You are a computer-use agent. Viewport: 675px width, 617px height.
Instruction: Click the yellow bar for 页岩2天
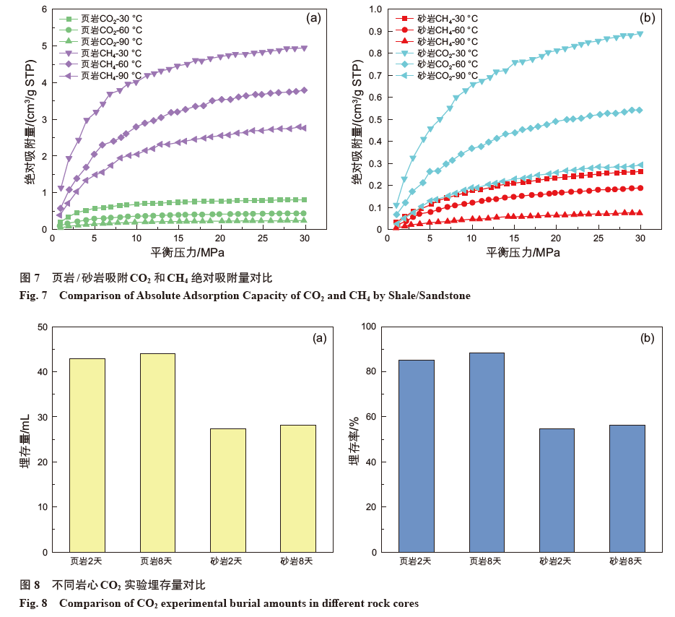[87, 455]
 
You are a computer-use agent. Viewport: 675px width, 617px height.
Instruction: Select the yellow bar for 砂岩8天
[298, 488]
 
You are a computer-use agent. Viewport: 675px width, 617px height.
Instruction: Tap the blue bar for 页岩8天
[487, 452]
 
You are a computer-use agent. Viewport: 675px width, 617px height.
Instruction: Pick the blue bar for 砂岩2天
[557, 491]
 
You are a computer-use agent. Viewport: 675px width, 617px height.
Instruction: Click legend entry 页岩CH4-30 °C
[111, 53]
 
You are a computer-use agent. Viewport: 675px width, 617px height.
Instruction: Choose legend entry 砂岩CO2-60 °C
[448, 64]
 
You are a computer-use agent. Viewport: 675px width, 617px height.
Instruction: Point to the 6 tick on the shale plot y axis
[44, 9]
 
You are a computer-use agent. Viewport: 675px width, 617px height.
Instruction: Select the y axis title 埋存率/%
[354, 439]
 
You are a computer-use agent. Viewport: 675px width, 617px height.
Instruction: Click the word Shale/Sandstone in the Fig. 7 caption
[430, 295]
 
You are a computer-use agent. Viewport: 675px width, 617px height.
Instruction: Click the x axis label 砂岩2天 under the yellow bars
[228, 561]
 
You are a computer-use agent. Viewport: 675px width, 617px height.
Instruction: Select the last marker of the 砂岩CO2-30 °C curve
[640, 34]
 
